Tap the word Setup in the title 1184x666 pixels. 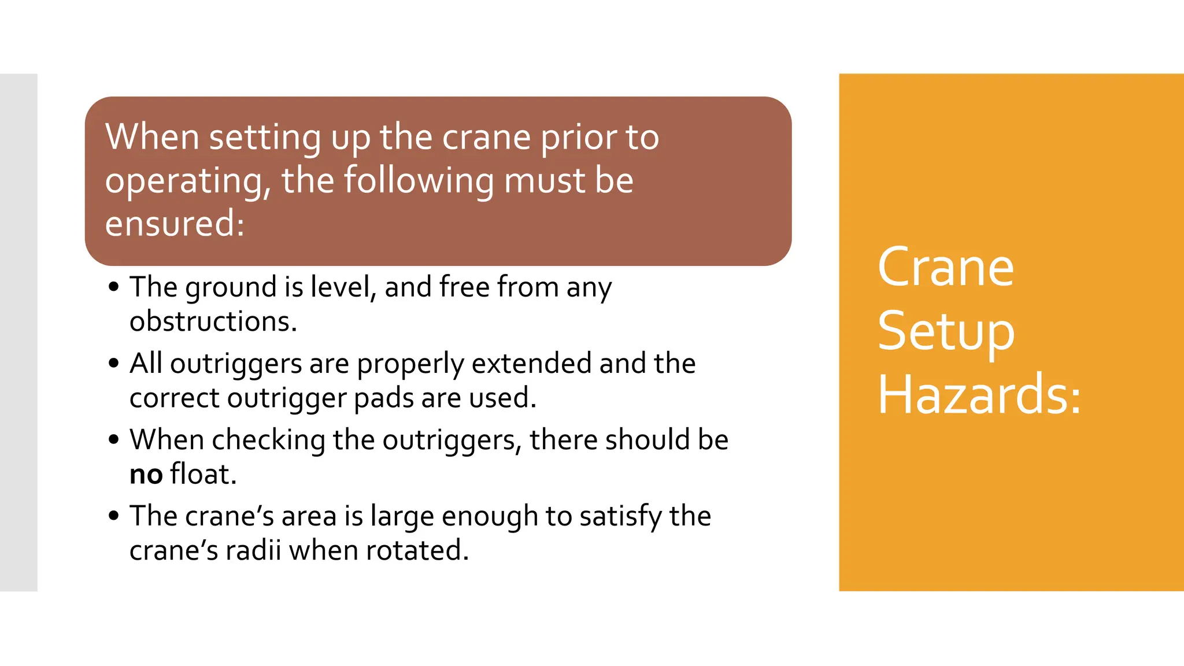click(946, 332)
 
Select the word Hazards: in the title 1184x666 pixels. click(979, 395)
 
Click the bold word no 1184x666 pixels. click(146, 475)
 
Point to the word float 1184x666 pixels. click(203, 474)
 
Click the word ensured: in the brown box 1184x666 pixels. click(175, 223)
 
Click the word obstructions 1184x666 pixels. click(213, 321)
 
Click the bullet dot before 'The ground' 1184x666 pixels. click(114, 287)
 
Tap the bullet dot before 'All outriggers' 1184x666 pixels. click(114, 364)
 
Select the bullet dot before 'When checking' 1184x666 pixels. click(114, 440)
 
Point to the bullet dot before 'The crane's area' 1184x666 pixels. click(114, 516)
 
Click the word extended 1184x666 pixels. click(531, 364)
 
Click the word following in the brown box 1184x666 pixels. click(419, 181)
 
